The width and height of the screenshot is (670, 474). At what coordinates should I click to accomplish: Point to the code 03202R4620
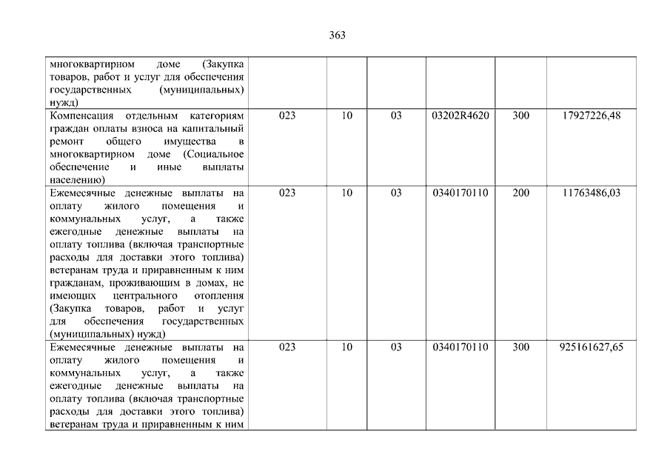click(x=460, y=116)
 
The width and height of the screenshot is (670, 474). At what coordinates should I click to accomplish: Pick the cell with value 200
click(x=520, y=193)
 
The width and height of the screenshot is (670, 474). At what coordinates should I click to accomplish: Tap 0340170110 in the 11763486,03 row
click(x=460, y=193)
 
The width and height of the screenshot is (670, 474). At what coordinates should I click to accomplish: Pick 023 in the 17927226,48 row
click(x=287, y=116)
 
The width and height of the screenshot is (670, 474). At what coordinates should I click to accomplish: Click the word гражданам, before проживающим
click(x=75, y=284)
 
